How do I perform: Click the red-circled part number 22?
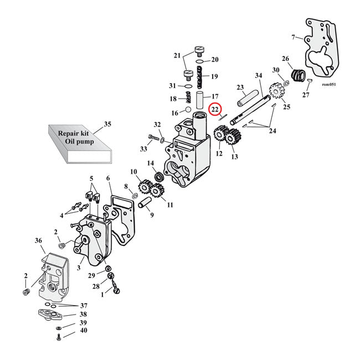[215, 111]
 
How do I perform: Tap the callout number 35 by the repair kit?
[107, 124]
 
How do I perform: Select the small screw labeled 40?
[58, 336]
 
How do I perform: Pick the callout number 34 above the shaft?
[258, 75]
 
